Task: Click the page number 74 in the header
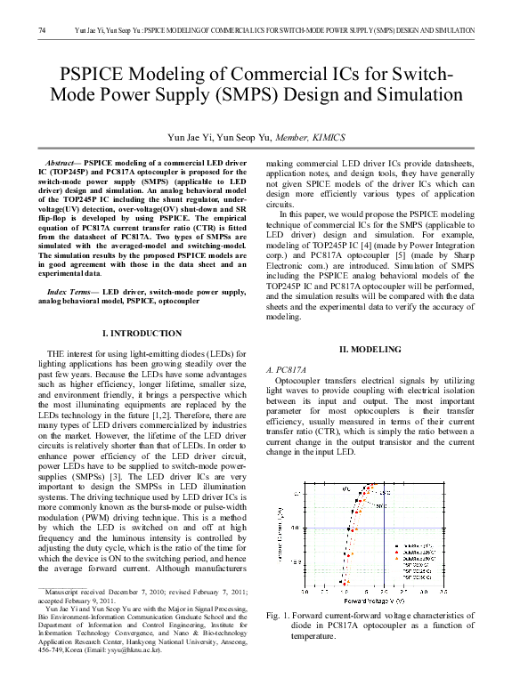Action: (42, 32)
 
